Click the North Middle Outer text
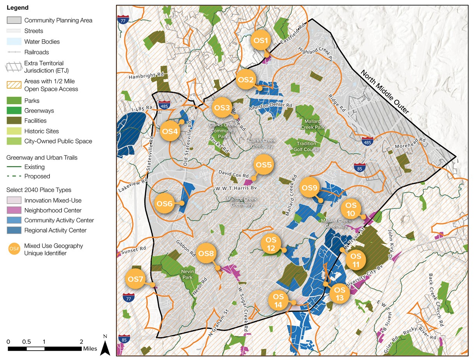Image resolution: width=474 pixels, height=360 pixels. (384, 92)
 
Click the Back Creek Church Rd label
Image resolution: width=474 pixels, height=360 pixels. (435, 299)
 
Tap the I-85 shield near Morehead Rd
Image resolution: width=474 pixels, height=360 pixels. (359, 168)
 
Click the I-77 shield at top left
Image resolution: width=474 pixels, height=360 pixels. (123, 20)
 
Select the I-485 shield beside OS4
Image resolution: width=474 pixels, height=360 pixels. (163, 105)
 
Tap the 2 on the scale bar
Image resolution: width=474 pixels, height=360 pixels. (81, 341)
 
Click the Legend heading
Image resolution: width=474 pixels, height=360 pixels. (18, 8)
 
